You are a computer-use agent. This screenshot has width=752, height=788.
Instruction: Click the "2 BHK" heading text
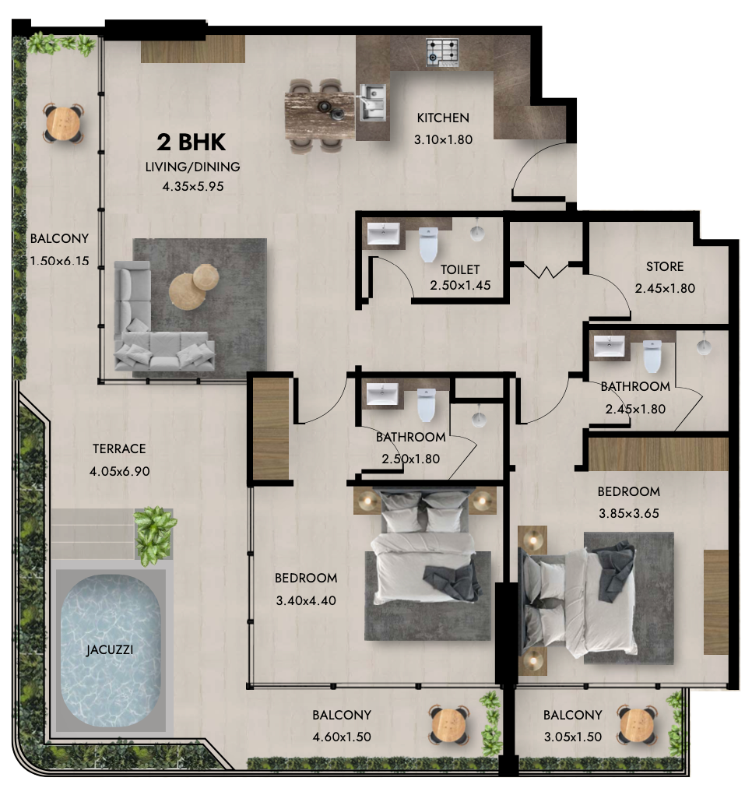[192, 142]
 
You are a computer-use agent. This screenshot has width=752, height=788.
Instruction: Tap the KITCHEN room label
[443, 118]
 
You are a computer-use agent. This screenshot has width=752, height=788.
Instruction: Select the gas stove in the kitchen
[443, 52]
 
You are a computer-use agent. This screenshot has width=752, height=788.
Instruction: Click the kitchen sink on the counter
[374, 100]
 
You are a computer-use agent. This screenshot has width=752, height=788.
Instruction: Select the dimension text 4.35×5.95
[192, 186]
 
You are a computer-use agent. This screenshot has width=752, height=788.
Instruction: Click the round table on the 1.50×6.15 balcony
[63, 122]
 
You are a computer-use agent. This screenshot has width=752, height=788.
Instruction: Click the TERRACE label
[119, 449]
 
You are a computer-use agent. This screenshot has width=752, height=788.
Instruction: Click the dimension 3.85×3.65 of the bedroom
[628, 514]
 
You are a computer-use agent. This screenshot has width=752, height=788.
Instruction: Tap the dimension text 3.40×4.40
[305, 600]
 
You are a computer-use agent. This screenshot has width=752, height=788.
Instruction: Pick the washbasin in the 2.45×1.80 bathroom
[611, 345]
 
